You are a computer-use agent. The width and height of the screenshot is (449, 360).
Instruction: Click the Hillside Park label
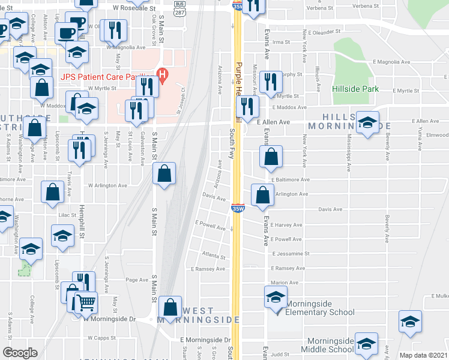tap(355, 89)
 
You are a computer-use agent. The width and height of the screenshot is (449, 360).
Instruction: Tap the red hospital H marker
tap(161, 74)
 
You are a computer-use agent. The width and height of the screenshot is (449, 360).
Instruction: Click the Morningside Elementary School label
tap(319, 308)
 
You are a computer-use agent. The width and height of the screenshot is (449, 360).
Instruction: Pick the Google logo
tap(20, 352)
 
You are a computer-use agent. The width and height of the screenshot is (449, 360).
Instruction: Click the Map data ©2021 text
tap(424, 355)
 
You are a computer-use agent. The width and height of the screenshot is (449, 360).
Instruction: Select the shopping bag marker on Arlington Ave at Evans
tap(262, 196)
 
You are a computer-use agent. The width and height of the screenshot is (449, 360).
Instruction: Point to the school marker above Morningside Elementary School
tap(276, 298)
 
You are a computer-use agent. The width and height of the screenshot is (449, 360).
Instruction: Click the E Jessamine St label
tap(289, 254)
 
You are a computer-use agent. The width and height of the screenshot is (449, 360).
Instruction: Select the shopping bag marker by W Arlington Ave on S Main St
tap(164, 174)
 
